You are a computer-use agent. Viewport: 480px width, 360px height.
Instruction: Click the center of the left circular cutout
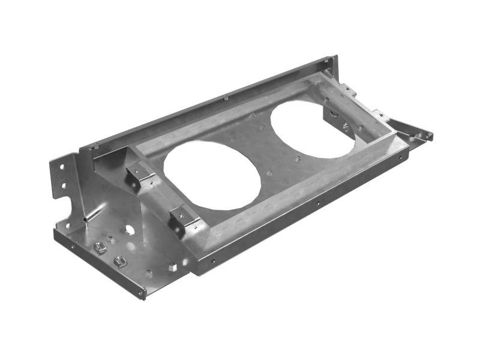(x=212, y=175)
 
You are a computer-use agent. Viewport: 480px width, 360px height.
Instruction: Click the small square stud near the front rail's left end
(x=172, y=266)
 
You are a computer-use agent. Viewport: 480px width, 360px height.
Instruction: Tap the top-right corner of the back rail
(x=334, y=58)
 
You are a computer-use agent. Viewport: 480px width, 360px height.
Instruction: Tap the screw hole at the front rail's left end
(x=213, y=261)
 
